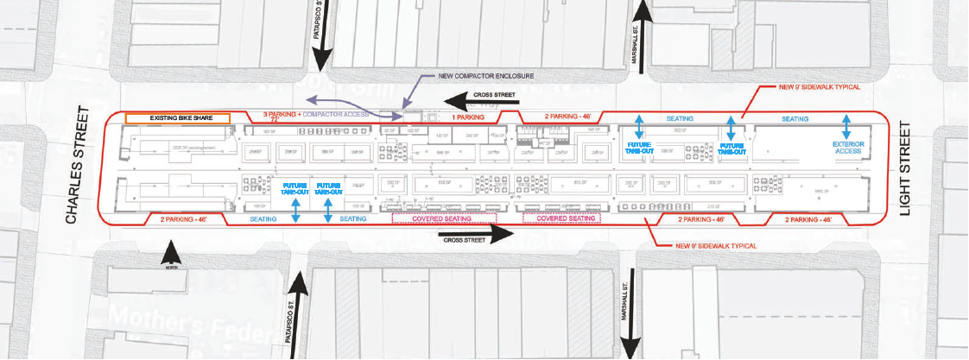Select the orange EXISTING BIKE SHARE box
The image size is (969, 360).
click(177, 117)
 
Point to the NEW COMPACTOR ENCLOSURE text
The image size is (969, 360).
click(485, 76)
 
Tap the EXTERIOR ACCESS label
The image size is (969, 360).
click(850, 148)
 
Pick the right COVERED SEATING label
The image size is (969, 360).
click(567, 219)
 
